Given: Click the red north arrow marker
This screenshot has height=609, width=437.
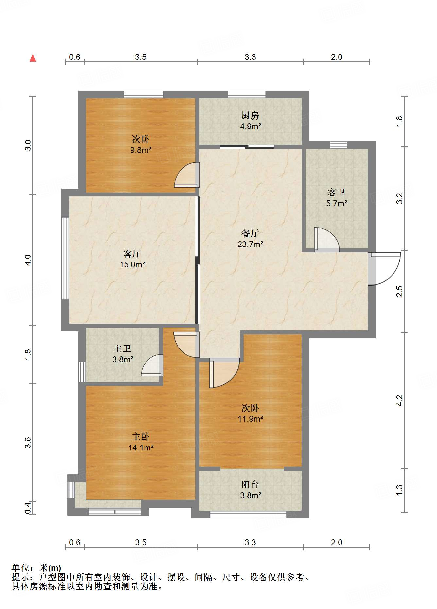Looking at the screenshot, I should point(33,58).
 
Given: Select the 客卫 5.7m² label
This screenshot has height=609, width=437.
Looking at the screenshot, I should point(336,198).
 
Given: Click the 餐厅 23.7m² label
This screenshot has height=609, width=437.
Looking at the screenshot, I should point(250,239).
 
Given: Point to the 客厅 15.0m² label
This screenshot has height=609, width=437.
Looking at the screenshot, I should point(132,259).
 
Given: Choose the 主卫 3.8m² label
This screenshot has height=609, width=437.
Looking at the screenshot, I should point(122,354).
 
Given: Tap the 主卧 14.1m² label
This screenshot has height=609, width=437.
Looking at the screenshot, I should point(141,442).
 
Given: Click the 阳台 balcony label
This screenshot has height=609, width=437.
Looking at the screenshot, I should point(250,490).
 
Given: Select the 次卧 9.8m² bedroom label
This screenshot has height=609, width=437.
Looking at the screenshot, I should point(141,144).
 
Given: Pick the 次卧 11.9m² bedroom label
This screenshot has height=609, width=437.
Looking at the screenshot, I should point(250,413).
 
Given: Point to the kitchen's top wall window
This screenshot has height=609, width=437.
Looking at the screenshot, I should point(246,94).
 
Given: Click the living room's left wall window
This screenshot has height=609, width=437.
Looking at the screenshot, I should point(65,258).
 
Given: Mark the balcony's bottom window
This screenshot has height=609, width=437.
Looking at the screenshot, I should point(248,515).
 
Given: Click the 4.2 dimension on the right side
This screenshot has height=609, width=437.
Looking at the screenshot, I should point(399,400).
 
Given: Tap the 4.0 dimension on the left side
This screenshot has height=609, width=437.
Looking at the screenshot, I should point(28,260).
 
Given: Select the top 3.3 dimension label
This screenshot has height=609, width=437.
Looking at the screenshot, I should point(250,57).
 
